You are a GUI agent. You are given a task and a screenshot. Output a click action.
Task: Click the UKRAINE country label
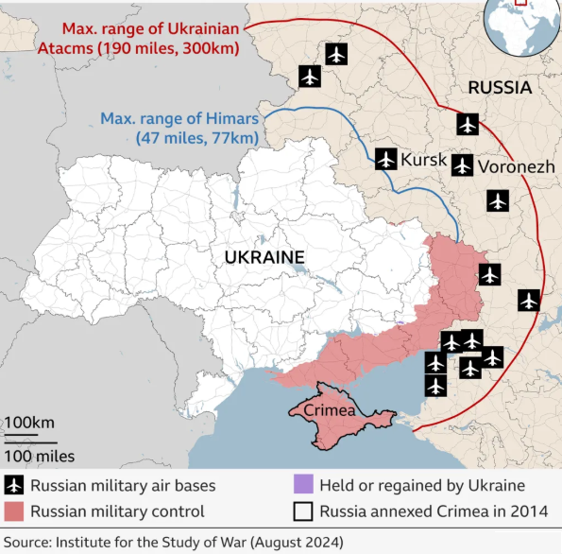[x=264, y=257]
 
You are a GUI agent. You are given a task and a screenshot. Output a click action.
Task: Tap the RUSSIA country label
[x=499, y=88]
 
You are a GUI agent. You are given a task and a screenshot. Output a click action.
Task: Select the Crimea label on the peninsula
[x=329, y=410]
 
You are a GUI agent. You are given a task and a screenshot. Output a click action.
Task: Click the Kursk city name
[x=423, y=160]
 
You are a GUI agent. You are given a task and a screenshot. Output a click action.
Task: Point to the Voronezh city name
[x=516, y=166]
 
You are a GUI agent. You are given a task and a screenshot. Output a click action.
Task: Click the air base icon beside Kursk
[x=384, y=159]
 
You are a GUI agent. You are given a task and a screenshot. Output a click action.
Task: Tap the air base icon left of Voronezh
[x=461, y=165]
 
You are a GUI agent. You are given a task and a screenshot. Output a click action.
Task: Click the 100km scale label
[x=29, y=422]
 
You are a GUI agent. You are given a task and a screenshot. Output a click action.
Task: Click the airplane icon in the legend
[x=14, y=486]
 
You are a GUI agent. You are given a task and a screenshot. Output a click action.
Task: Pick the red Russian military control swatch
[x=14, y=511]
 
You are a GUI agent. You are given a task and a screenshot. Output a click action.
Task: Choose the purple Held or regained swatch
[x=302, y=486]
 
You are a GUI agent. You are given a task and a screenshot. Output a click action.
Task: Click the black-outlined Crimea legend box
[x=302, y=511]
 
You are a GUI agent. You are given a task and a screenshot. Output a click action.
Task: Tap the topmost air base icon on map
[x=335, y=54]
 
